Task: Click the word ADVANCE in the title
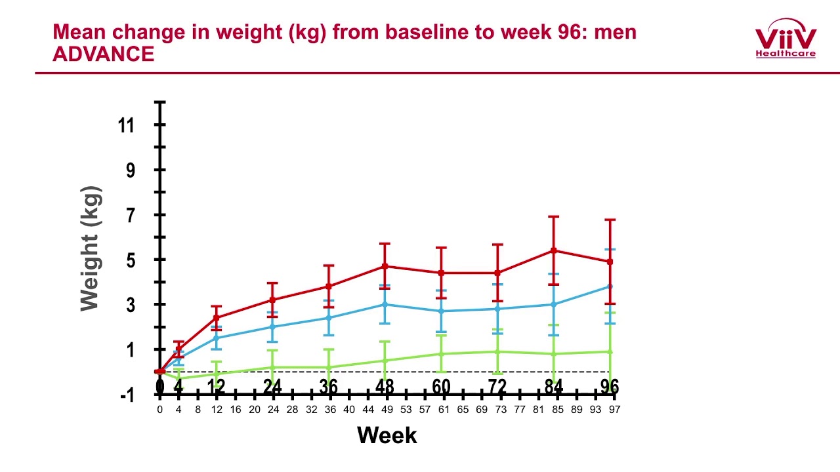click(103, 54)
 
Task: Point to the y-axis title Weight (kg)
click(91, 249)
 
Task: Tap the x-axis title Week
click(387, 435)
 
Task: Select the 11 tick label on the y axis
click(126, 125)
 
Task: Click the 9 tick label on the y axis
click(130, 170)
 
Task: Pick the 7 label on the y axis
click(130, 215)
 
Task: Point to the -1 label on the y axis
click(127, 395)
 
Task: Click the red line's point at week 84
click(554, 250)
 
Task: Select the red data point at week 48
click(385, 266)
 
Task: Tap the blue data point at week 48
click(385, 304)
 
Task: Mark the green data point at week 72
click(497, 351)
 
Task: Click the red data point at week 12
click(217, 318)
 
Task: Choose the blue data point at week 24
click(273, 326)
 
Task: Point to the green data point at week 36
click(329, 367)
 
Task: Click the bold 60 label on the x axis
click(441, 387)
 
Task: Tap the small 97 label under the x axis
click(614, 409)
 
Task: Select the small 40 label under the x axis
click(349, 409)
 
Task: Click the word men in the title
click(615, 32)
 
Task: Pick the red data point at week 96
click(610, 262)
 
